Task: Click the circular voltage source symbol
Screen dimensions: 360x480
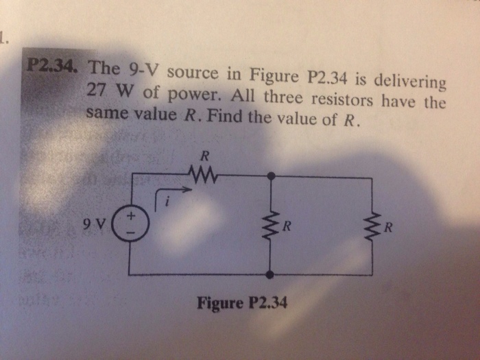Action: pyautogui.click(x=130, y=224)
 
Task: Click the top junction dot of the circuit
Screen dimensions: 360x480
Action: pyautogui.click(x=272, y=176)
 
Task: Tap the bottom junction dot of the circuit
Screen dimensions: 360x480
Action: pyautogui.click(x=270, y=274)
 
